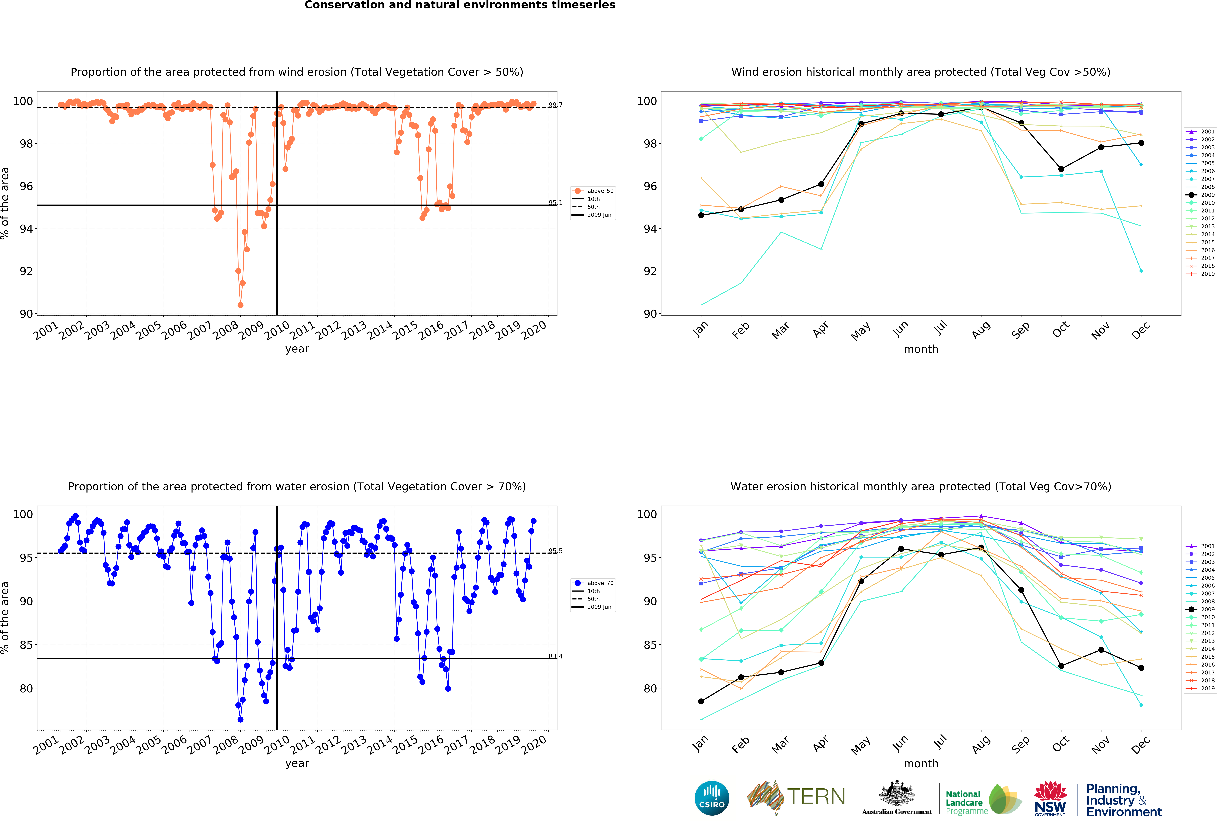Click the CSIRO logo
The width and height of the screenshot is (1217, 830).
pyautogui.click(x=712, y=798)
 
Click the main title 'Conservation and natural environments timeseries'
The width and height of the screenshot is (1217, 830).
pyautogui.click(x=460, y=5)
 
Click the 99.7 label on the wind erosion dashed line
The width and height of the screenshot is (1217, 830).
pyautogui.click(x=555, y=105)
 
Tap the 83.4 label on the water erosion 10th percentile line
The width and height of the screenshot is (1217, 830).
pyautogui.click(x=555, y=656)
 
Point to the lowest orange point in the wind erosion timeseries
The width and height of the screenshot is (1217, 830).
pyautogui.click(x=240, y=305)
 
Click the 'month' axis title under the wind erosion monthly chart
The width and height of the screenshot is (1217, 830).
pyautogui.click(x=921, y=349)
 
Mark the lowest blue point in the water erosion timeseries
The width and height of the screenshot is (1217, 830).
pyautogui.click(x=240, y=719)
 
